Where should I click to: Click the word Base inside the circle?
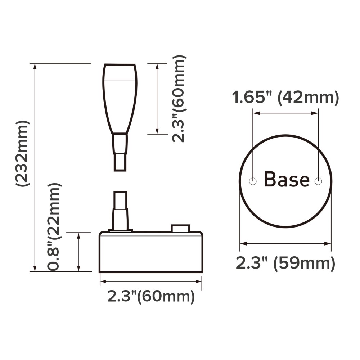tap(287, 179)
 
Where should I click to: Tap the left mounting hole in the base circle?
tap(253, 181)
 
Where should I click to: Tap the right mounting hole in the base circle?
tap(318, 181)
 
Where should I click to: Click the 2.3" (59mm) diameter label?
tap(285, 264)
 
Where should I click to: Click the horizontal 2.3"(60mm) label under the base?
tap(151, 297)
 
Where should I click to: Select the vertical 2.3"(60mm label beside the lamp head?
tap(179, 99)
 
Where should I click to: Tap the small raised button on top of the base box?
tap(180, 229)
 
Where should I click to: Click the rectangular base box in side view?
tap(151, 252)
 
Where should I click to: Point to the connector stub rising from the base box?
tap(120, 211)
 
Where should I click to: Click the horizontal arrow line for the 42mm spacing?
tap(285, 113)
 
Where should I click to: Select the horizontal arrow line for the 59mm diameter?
tap(285, 244)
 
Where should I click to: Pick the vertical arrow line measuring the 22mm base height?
tap(78, 252)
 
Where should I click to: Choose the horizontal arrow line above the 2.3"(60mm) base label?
tap(151, 282)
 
